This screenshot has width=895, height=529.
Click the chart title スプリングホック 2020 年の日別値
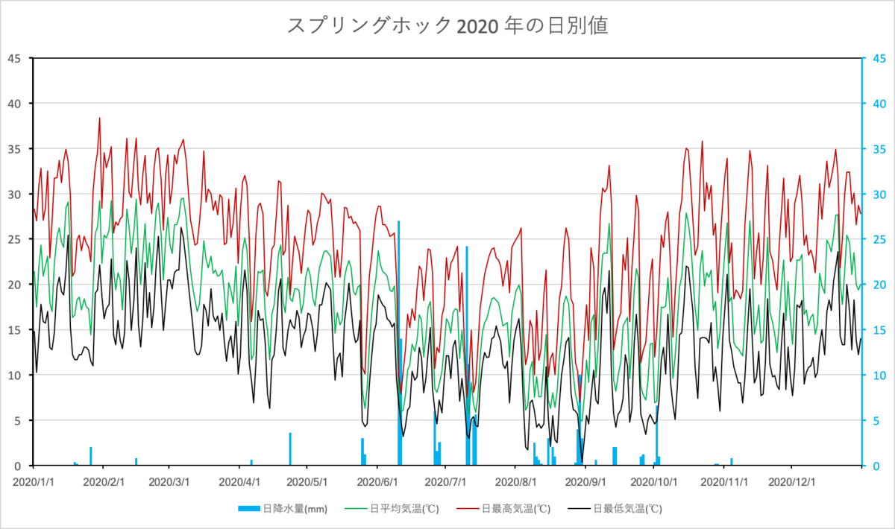pos(447,25)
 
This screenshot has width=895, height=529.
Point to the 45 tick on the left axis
pos(16,58)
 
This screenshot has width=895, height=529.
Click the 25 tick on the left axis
pos(16,239)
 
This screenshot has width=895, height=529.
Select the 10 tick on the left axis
pos(16,376)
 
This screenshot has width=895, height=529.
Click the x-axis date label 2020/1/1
pos(34,482)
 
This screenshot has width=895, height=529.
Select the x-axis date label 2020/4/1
pos(239,482)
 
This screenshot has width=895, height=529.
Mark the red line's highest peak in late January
pos(99,118)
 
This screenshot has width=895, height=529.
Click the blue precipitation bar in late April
pos(290,449)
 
